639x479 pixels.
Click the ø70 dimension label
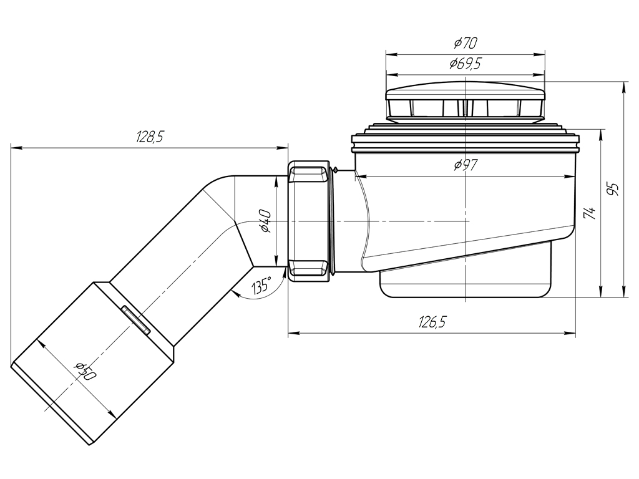click(x=466, y=42)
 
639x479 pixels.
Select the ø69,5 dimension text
click(x=466, y=64)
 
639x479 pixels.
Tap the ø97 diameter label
click(x=466, y=165)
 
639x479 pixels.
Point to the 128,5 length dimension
click(x=150, y=137)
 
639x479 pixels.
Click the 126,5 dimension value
click(x=432, y=322)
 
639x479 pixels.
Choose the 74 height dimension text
click(x=590, y=213)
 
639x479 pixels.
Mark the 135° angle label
click(x=261, y=286)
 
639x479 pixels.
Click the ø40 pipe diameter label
click(x=265, y=221)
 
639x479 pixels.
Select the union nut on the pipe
click(x=310, y=221)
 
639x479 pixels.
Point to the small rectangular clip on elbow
click(x=135, y=319)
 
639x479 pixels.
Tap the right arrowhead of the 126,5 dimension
click(x=570, y=333)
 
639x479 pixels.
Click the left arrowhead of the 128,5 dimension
click(x=16, y=148)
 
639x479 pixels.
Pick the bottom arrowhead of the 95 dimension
click(x=624, y=292)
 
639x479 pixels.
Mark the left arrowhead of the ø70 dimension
click(x=391, y=54)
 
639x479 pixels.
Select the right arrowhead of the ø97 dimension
click(x=570, y=177)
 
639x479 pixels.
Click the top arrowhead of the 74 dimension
click(x=601, y=135)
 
